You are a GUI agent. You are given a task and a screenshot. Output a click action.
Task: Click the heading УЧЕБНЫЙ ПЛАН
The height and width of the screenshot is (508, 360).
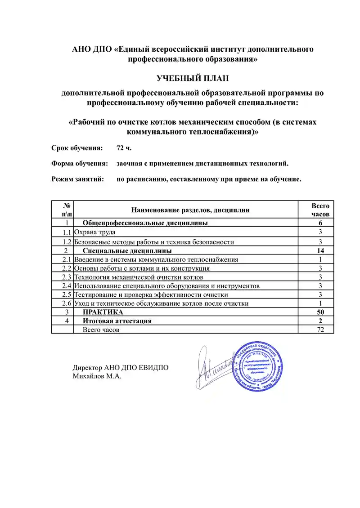pyautogui.click(x=193, y=78)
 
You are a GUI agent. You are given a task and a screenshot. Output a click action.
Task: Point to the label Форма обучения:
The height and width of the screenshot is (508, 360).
pyautogui.click(x=80, y=164)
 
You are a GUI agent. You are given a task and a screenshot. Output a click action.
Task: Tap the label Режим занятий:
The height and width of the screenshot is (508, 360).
pyautogui.click(x=78, y=179)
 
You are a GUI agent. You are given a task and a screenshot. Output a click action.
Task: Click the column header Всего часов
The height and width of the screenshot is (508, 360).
pyautogui.click(x=320, y=209)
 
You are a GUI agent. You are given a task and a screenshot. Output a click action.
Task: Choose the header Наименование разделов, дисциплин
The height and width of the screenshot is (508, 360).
pyautogui.click(x=190, y=210)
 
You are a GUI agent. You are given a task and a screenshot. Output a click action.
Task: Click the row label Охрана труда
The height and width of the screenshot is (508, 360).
pyautogui.click(x=95, y=232)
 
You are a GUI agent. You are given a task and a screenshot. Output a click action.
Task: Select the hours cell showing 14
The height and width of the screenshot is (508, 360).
pyautogui.click(x=320, y=250)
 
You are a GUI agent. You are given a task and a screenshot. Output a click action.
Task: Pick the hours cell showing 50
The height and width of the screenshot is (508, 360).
pyautogui.click(x=320, y=312)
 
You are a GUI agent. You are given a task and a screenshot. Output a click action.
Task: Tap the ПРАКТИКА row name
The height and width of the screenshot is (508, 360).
pyautogui.click(x=103, y=312)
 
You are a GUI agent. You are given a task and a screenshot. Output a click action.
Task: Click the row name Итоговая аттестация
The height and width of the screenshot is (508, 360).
pyautogui.click(x=117, y=321)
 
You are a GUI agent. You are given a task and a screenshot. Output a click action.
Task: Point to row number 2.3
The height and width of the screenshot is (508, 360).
pyautogui.click(x=67, y=277)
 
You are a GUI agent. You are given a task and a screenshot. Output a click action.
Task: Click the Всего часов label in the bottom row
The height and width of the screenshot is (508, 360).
pyautogui.click(x=102, y=330)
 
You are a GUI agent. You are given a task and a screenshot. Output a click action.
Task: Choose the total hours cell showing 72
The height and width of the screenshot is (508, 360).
pyautogui.click(x=320, y=330)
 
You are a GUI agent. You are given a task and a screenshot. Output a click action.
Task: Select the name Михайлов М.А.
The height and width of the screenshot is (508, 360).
pyautogui.click(x=97, y=376)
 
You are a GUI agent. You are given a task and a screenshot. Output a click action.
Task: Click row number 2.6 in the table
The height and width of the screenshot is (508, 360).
pyautogui.click(x=67, y=303)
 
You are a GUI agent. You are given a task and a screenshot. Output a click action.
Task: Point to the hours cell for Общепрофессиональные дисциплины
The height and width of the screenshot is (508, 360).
pyautogui.click(x=320, y=223)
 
